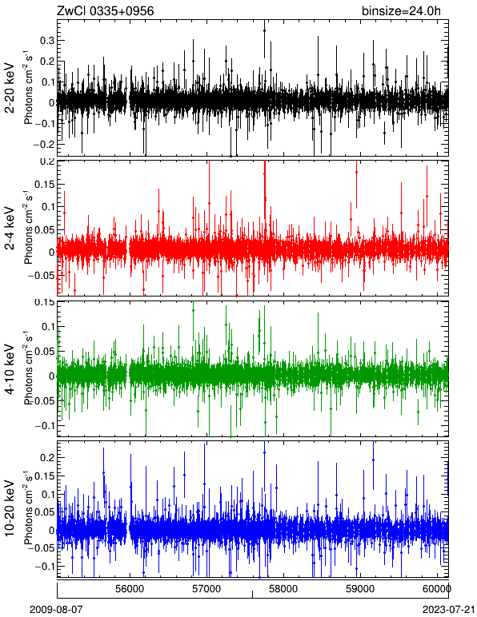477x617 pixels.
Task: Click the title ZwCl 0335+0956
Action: point(106,11)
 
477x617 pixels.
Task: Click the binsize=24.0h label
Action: point(401,11)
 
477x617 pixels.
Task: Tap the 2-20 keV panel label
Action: point(10,88)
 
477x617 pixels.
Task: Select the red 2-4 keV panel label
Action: point(10,229)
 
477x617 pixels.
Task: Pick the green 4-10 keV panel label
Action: point(10,368)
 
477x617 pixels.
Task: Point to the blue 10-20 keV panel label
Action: point(10,508)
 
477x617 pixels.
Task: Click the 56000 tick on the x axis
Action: point(130,588)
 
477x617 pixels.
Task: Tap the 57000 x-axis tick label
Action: point(207,588)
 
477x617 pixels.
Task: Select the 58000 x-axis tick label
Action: point(283,588)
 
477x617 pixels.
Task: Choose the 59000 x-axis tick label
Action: point(360,588)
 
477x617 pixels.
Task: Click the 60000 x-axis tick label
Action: point(438,588)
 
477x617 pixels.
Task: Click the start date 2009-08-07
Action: point(56,610)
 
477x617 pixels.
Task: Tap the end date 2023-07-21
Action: point(448,610)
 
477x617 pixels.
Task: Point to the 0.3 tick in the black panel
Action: point(47,41)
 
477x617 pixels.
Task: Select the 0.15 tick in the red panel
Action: point(45,184)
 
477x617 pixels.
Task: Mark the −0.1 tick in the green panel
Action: point(45,425)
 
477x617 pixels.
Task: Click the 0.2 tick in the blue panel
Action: point(47,457)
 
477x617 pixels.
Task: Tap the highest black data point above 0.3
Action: point(264,30)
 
